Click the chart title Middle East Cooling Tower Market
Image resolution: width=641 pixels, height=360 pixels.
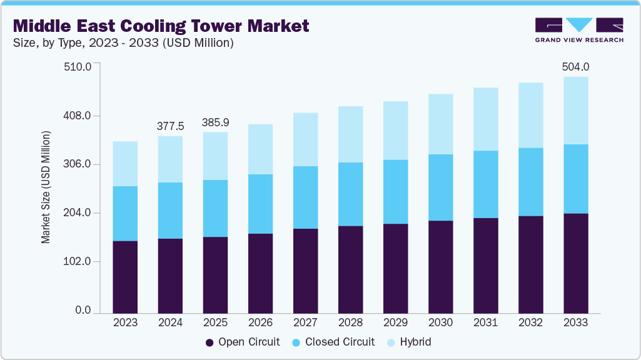pyautogui.click(x=161, y=26)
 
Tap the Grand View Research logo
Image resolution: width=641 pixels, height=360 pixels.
pyautogui.click(x=578, y=29)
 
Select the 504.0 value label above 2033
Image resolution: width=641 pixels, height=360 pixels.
pyautogui.click(x=576, y=66)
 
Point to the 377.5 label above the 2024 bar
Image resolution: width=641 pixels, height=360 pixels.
pyautogui.click(x=170, y=126)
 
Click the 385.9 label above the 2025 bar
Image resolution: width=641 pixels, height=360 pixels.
pyautogui.click(x=215, y=122)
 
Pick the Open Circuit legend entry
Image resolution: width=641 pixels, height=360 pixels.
pyautogui.click(x=243, y=342)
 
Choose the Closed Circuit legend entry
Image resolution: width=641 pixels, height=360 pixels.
pyautogui.click(x=334, y=342)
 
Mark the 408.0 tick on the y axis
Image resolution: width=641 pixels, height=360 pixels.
pyautogui.click(x=79, y=116)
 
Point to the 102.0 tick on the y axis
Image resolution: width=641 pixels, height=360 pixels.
pyautogui.click(x=79, y=261)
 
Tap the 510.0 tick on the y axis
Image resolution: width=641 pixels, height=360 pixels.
pyautogui.click(x=79, y=66)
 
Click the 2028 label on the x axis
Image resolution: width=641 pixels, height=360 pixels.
pyautogui.click(x=350, y=323)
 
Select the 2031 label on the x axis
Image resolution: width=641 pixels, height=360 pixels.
pyautogui.click(x=485, y=323)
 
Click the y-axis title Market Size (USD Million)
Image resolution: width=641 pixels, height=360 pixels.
pyautogui.click(x=46, y=187)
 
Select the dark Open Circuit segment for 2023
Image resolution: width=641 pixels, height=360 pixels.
pyautogui.click(x=125, y=276)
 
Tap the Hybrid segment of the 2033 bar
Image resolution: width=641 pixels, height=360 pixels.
pyautogui.click(x=575, y=111)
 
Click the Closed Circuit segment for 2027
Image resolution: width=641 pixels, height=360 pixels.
pyautogui.click(x=305, y=197)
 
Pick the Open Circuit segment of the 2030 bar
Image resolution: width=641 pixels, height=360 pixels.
pyautogui.click(x=440, y=266)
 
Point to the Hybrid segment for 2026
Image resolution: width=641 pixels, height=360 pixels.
pyautogui.click(x=260, y=149)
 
